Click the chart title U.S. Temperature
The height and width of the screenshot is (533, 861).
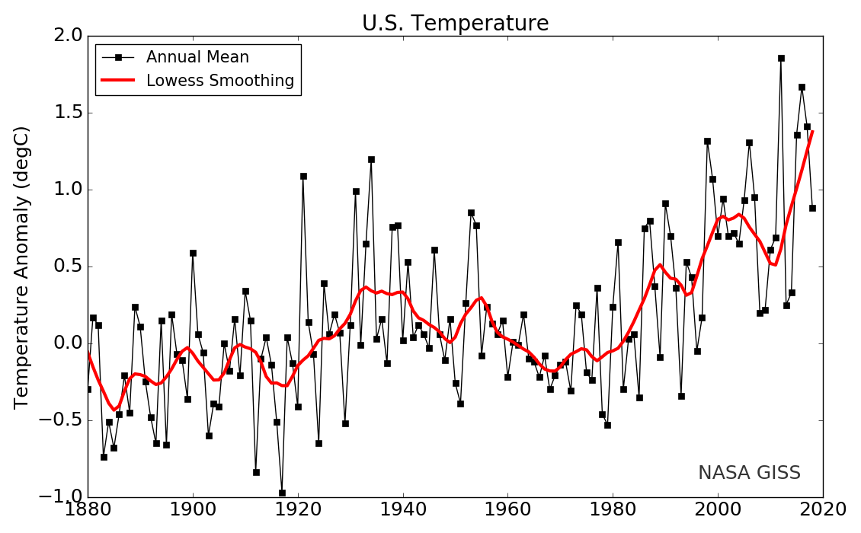(455, 24)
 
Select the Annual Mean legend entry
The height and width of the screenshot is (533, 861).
(197, 57)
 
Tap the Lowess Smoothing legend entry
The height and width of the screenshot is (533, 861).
(220, 81)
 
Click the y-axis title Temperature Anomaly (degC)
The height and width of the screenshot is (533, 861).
(22, 266)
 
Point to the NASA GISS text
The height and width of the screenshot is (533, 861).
(749, 473)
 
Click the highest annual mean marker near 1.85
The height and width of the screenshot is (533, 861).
(781, 58)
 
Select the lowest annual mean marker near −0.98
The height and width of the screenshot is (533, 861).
(282, 493)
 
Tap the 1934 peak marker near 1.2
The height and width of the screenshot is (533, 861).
(371, 159)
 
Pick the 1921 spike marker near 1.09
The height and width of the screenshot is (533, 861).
(303, 176)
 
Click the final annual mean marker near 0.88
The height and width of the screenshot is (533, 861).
(812, 208)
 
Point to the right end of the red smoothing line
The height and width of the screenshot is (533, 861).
(812, 132)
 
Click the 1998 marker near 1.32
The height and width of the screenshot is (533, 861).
(707, 141)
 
